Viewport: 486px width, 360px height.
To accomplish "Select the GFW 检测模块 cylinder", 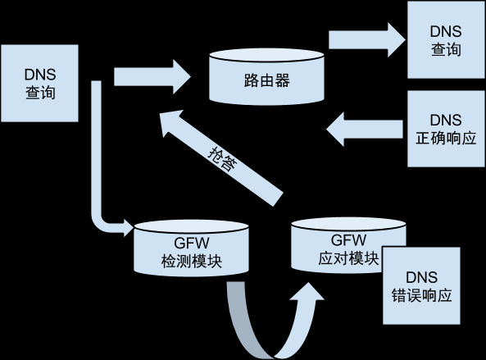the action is coord(191,248).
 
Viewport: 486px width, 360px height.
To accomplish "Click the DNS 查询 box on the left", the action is coord(39,83).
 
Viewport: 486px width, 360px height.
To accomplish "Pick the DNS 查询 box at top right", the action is coord(446,39).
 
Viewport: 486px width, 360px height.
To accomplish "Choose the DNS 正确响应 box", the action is coord(446,129).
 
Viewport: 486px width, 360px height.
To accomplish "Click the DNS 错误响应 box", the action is coord(421,286).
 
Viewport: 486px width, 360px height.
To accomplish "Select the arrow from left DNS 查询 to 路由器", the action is coord(152,77).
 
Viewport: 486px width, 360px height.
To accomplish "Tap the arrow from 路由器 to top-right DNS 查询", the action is coord(367,39).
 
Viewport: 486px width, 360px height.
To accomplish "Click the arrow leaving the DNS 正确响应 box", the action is coord(365,129).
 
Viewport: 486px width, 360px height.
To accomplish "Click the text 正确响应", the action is coord(446,139).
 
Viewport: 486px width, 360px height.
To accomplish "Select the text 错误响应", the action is coord(421,295).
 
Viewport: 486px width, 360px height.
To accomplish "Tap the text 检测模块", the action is coord(192,262).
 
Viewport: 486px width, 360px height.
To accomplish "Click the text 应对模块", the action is coord(348,258).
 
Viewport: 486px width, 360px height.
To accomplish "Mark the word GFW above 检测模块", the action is coord(192,243).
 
